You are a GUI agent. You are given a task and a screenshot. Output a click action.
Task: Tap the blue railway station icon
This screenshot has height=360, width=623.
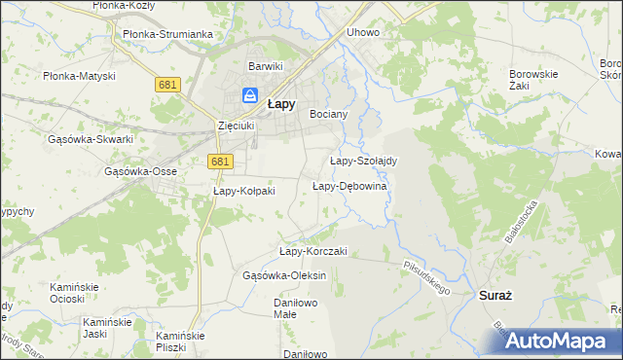[250, 95]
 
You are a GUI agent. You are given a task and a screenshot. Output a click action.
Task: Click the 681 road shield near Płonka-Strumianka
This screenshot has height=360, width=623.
[166, 86]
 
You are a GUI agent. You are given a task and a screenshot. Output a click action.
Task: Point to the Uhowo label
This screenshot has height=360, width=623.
[363, 32]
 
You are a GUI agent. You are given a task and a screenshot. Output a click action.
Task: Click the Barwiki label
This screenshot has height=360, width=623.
[265, 66]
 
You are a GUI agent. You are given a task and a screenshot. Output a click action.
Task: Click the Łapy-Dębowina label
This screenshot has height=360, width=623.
[350, 186]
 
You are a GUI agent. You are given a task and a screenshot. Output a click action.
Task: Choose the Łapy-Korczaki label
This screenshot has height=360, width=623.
[313, 251]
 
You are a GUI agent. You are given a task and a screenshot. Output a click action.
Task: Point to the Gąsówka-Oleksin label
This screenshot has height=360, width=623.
[284, 275]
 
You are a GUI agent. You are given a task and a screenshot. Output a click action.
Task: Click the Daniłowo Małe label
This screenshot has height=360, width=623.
[270, 308]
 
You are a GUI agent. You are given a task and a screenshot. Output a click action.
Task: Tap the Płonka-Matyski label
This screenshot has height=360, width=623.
[80, 75]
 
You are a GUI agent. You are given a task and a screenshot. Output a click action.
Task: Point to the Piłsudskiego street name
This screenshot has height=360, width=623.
[428, 276]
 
